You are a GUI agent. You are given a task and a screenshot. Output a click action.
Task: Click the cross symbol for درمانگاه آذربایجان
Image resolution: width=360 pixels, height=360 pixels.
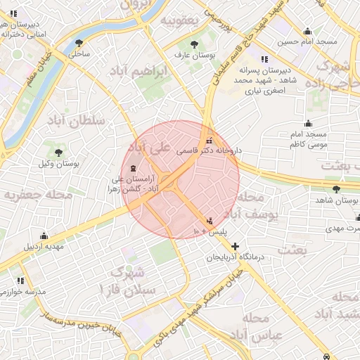(x=234, y=247)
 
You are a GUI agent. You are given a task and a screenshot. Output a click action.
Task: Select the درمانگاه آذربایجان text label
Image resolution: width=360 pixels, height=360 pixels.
(x=233, y=258)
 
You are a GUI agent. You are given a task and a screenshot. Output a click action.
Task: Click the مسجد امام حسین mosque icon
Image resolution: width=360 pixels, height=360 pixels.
(x=307, y=32)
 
